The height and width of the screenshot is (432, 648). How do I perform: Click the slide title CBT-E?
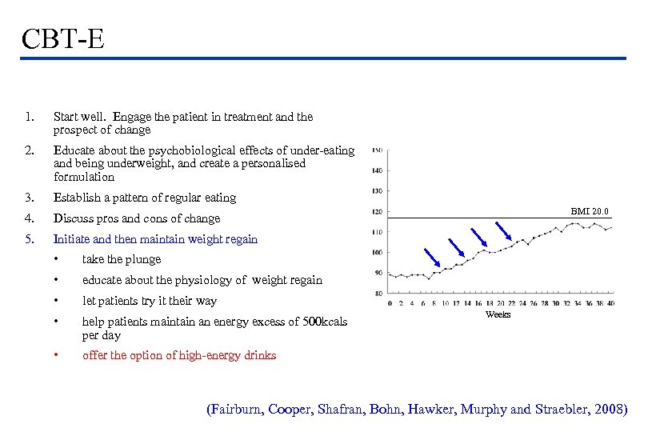click(63, 38)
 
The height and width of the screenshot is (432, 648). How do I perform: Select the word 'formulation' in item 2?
click(84, 177)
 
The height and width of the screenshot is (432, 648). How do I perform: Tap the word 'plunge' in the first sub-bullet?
click(142, 259)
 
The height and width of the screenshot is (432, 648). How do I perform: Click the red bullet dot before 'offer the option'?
click(57, 355)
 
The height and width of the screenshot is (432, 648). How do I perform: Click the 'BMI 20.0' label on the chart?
click(590, 211)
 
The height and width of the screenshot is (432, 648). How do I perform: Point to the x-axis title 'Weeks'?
click(498, 314)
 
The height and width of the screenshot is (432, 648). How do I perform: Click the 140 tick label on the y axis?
click(377, 170)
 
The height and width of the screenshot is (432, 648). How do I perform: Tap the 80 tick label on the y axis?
click(378, 294)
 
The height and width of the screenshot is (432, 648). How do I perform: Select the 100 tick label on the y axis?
click(377, 253)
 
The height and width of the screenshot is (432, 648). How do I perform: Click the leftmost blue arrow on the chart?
click(432, 256)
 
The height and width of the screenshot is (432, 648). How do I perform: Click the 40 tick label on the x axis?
click(611, 303)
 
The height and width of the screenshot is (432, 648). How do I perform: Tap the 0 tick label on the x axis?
click(390, 303)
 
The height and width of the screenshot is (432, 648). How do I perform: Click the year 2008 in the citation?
click(610, 410)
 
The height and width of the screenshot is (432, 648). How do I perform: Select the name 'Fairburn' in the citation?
click(237, 410)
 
